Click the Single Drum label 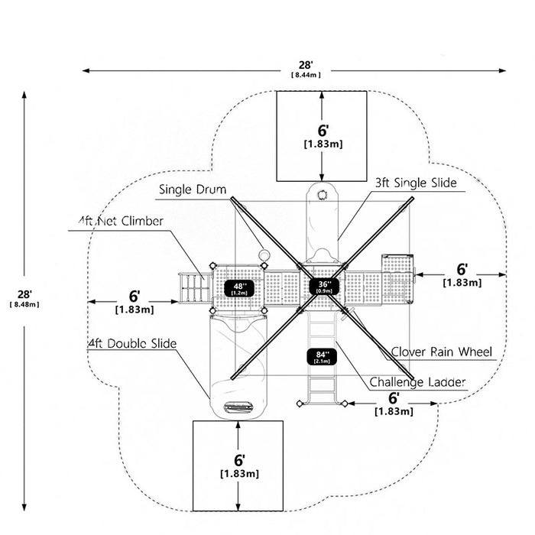[193, 190]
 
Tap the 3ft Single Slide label [416, 183]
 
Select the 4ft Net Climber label [121, 221]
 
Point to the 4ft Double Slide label [132, 344]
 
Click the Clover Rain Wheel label [442, 352]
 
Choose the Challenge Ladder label [417, 382]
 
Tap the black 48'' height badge [238, 289]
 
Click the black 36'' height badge [323, 287]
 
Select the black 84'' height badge [322, 357]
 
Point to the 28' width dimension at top [306, 65]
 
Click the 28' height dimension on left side [24, 294]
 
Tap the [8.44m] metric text [306, 75]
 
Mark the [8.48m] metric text [24, 304]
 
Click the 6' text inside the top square [323, 131]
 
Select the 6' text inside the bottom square [239, 460]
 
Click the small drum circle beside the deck [264, 255]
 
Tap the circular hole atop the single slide [322, 194]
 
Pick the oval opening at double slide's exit [238, 407]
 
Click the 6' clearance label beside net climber [135, 297]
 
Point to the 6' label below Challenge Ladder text [394, 398]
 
